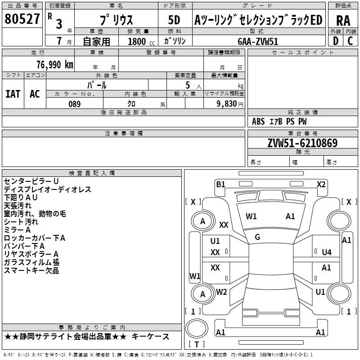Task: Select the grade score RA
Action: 342,20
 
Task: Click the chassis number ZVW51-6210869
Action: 302,143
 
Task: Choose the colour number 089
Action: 74,104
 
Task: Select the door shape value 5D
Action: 174,20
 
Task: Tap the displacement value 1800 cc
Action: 137,41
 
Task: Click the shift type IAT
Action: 13,94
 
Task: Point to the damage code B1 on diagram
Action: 220,184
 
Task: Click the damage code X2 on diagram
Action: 321,184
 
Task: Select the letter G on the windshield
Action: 257,237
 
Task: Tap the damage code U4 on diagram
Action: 327,252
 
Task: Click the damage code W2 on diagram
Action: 221,292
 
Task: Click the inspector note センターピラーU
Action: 31,181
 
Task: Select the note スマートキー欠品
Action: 31,270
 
